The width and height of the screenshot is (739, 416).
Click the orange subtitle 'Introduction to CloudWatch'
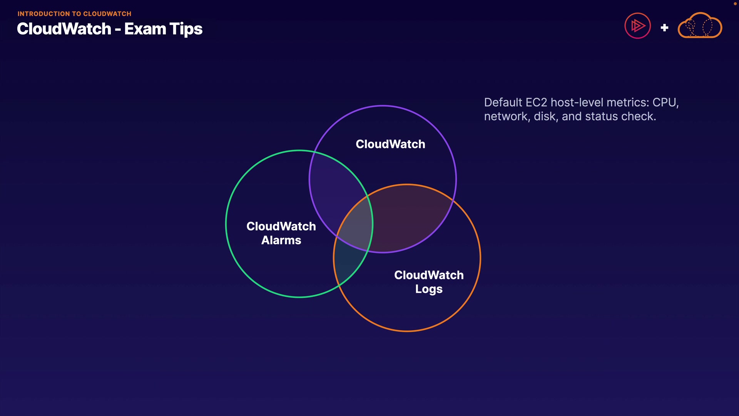[74, 14]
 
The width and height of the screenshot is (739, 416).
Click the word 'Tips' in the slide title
[186, 29]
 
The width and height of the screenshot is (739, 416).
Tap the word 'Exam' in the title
[145, 29]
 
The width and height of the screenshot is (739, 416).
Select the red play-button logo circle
[637, 26]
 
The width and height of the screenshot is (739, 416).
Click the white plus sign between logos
[664, 28]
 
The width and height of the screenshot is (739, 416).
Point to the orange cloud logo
[700, 26]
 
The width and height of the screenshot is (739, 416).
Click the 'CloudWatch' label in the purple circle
[390, 144]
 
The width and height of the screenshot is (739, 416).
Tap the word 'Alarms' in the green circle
[281, 240]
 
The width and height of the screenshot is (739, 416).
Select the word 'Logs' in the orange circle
[429, 289]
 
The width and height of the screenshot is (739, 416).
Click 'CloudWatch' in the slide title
[64, 29]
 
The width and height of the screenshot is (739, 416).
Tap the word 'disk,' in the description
[546, 116]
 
